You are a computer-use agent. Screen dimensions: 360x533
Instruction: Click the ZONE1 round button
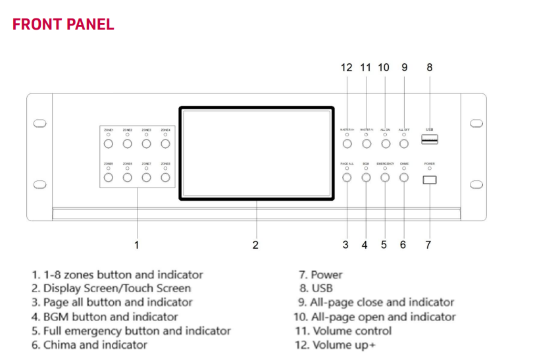point(109,143)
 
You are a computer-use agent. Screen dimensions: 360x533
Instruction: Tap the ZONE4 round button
point(166,143)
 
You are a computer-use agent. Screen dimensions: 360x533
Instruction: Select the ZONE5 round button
point(109,176)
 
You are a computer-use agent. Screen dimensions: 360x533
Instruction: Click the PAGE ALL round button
point(347,176)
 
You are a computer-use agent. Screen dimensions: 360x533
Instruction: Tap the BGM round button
point(366,176)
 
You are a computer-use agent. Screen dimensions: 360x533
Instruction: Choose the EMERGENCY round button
point(385,176)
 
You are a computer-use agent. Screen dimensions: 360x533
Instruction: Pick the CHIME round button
point(404,176)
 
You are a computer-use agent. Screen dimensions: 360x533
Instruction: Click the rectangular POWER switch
point(430,178)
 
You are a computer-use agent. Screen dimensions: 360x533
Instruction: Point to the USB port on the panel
point(430,140)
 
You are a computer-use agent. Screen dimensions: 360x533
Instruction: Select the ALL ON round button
point(385,143)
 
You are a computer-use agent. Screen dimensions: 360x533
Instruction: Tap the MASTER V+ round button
point(347,143)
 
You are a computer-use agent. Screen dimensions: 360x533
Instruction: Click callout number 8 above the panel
point(430,67)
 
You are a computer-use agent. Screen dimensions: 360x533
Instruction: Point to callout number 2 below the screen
point(255,245)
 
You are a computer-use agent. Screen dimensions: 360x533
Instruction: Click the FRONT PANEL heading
point(63,24)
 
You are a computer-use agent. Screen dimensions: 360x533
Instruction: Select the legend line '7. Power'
point(321,274)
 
